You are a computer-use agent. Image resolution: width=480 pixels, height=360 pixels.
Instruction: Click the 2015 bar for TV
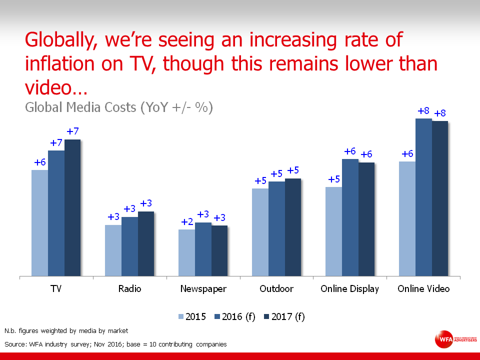click(40, 223)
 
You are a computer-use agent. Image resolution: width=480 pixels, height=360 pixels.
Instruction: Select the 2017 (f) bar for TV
click(72, 207)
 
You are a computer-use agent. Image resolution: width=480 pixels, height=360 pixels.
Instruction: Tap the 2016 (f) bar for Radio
click(129, 246)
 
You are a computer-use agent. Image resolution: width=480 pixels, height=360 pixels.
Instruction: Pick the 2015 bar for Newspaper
click(186, 252)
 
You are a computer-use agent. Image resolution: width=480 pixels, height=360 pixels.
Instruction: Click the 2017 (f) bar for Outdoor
click(293, 227)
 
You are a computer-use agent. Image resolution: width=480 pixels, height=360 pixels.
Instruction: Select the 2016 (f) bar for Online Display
click(350, 217)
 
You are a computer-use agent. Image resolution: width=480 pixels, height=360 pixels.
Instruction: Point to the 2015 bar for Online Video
click(407, 218)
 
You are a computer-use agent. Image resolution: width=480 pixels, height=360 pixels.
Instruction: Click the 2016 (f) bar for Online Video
click(423, 197)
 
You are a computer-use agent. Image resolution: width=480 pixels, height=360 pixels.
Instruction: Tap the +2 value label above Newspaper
click(186, 222)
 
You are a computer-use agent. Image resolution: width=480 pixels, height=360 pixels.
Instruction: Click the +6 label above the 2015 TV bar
click(40, 162)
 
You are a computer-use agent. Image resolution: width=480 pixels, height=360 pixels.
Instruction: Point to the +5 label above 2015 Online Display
click(334, 179)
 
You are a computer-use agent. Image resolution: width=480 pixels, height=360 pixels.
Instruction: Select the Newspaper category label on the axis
click(203, 289)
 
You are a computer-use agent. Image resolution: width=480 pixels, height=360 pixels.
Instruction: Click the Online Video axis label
click(423, 289)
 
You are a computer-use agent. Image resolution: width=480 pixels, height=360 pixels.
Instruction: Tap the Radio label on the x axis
click(129, 289)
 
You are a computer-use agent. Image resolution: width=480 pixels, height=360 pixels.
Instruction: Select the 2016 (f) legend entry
click(234, 316)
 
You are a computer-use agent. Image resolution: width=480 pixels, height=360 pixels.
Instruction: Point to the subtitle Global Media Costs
click(119, 107)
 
